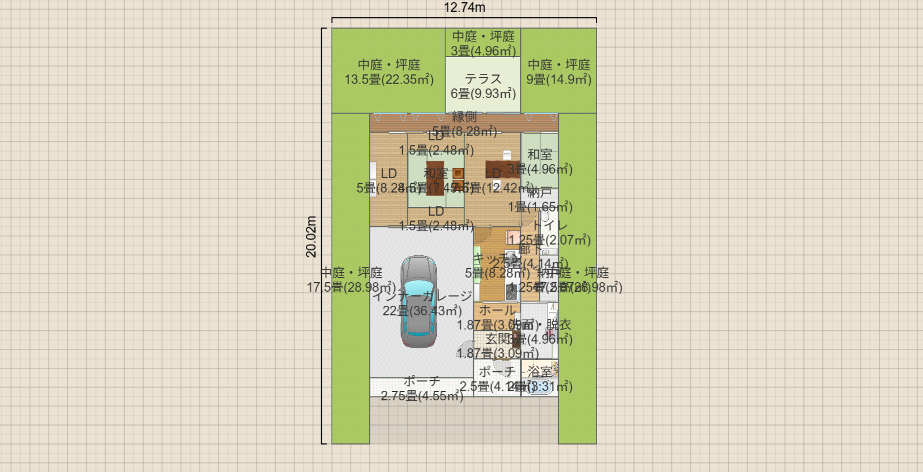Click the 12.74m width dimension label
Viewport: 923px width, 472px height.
point(464,8)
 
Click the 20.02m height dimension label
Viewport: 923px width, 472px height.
point(312,236)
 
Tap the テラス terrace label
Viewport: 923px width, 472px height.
point(483,79)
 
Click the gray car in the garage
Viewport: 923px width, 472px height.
point(418,302)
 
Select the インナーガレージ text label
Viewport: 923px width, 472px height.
point(422,296)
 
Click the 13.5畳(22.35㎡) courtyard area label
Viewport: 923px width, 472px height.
point(389,80)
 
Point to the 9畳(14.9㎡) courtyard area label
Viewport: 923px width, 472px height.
point(558,80)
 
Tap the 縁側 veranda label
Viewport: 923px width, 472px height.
point(464,117)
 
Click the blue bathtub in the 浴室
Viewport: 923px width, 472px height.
point(540,387)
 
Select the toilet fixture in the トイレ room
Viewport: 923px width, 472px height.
point(545,216)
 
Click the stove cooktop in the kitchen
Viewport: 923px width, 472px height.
point(511,292)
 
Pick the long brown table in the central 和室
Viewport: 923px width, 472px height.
point(435,179)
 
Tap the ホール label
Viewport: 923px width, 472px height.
point(497,310)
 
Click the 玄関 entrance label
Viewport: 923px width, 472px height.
point(499,339)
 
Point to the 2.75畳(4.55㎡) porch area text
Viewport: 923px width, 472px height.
point(422,396)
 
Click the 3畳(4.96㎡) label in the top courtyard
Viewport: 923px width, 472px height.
point(483,51)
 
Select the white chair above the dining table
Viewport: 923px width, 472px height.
point(507,155)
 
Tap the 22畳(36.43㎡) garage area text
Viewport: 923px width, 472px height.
point(422,311)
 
